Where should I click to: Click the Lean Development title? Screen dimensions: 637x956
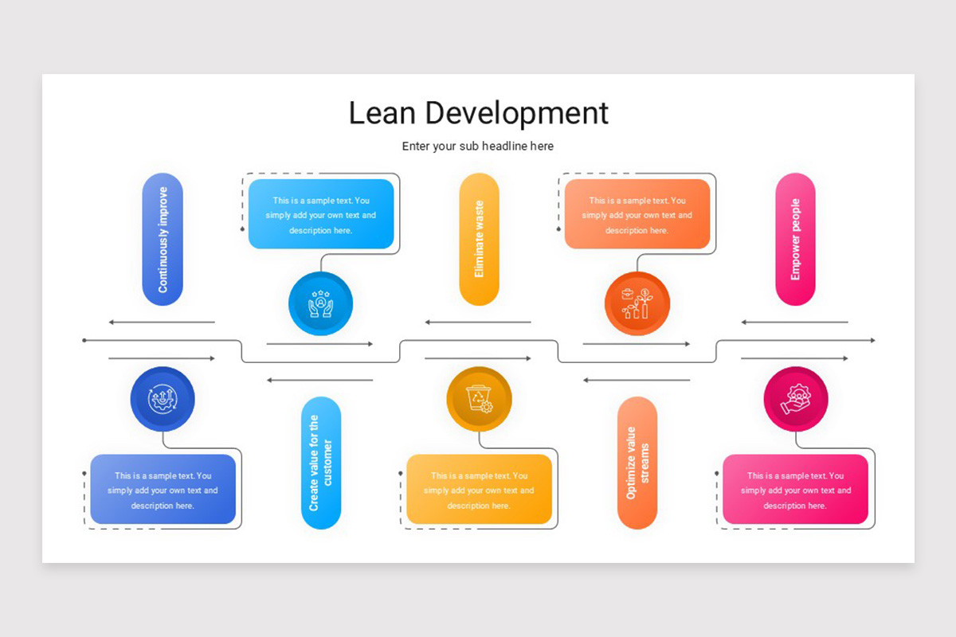(478, 113)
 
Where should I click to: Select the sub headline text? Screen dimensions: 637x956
(477, 147)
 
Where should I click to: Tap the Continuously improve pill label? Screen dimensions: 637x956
(163, 239)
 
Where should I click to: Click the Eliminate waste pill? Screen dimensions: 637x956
(479, 239)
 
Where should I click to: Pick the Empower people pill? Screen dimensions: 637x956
(795, 239)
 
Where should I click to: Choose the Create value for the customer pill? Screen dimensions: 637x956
(321, 463)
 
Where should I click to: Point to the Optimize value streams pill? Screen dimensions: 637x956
(637, 463)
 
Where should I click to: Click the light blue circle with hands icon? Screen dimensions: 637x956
(321, 303)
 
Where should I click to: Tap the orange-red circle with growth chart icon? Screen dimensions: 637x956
(637, 303)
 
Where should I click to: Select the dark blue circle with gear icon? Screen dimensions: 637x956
(163, 398)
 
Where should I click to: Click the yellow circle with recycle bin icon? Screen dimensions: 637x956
(479, 398)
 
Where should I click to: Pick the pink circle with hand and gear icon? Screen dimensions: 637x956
(795, 398)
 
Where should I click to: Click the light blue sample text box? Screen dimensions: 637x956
(321, 214)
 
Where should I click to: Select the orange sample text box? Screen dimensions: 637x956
(637, 214)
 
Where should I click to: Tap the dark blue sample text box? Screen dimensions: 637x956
(163, 490)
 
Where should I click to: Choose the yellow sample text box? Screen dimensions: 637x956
(479, 490)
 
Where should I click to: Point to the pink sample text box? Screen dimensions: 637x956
(795, 490)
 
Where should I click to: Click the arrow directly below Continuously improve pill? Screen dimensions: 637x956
(162, 322)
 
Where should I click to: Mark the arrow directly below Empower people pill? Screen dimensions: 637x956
(794, 322)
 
